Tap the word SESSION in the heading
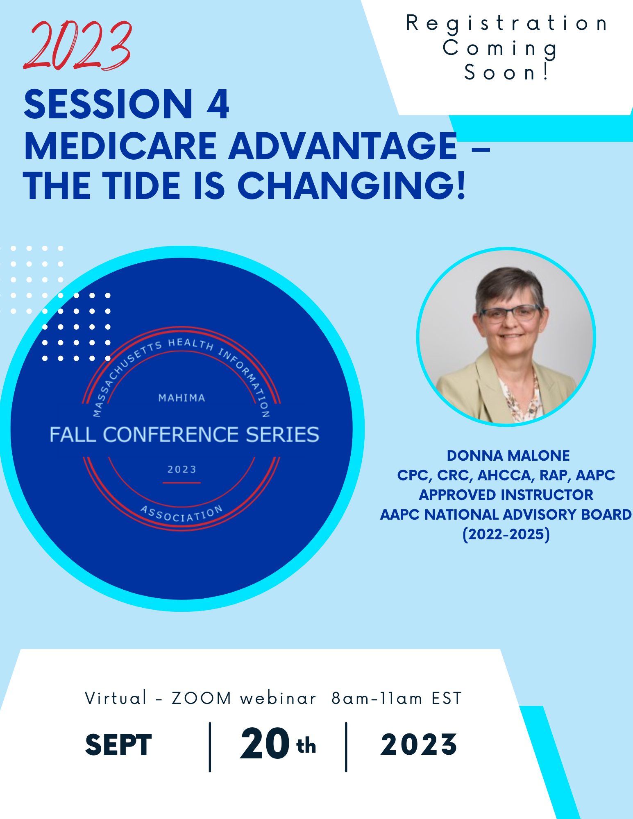click(108, 104)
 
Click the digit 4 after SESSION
click(218, 104)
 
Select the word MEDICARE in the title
click(120, 146)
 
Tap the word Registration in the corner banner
click(507, 24)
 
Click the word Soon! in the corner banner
click(506, 72)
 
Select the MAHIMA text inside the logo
click(182, 398)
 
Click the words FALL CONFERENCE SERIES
click(184, 434)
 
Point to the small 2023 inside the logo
click(182, 469)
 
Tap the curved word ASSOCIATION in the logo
click(182, 514)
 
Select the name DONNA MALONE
click(508, 456)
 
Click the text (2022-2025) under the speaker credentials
click(506, 534)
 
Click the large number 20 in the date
click(265, 744)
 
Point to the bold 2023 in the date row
click(419, 744)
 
